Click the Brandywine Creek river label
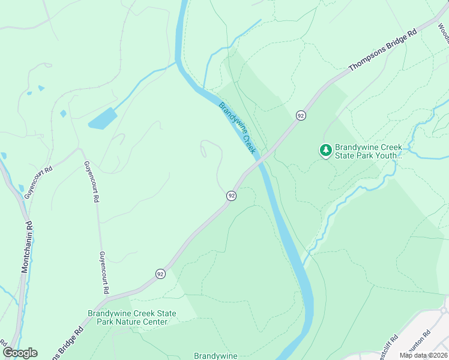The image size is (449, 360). pyautogui.click(x=237, y=127)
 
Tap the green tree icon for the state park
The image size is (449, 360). pyautogui.click(x=325, y=150)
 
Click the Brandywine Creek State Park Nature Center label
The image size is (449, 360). pyautogui.click(x=132, y=317)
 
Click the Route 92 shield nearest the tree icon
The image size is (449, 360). pyautogui.click(x=301, y=115)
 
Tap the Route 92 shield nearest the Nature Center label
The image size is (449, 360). pyautogui.click(x=160, y=274)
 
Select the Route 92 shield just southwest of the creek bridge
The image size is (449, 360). pyautogui.click(x=231, y=196)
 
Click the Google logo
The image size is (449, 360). pyautogui.click(x=20, y=353)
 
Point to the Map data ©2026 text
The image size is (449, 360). pyautogui.click(x=423, y=355)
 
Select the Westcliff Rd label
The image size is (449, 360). pyautogui.click(x=388, y=346)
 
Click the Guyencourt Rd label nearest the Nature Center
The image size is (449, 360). pyautogui.click(x=104, y=272)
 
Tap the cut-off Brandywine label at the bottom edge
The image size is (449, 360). pyautogui.click(x=215, y=355)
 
